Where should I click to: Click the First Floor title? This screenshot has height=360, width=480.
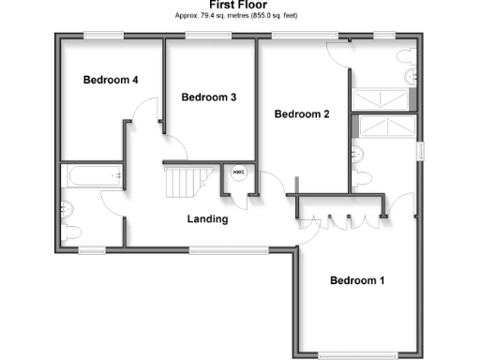pyautogui.click(x=239, y=6)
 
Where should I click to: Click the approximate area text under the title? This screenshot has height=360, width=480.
pyautogui.click(x=239, y=16)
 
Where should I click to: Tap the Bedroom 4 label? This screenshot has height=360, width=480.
pyautogui.click(x=111, y=81)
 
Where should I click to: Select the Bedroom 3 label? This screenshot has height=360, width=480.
pyautogui.click(x=208, y=97)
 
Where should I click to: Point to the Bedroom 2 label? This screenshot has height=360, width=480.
pyautogui.click(x=301, y=114)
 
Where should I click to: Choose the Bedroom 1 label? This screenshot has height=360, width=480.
pyautogui.click(x=356, y=280)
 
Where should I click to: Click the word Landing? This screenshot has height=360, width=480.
pyautogui.click(x=207, y=219)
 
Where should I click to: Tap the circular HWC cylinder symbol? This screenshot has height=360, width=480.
pyautogui.click(x=238, y=172)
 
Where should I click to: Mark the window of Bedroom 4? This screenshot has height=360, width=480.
pyautogui.click(x=103, y=37)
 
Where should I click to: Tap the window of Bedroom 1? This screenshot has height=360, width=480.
pyautogui.click(x=357, y=355)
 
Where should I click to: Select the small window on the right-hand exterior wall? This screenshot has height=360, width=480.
pyautogui.click(x=421, y=151)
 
